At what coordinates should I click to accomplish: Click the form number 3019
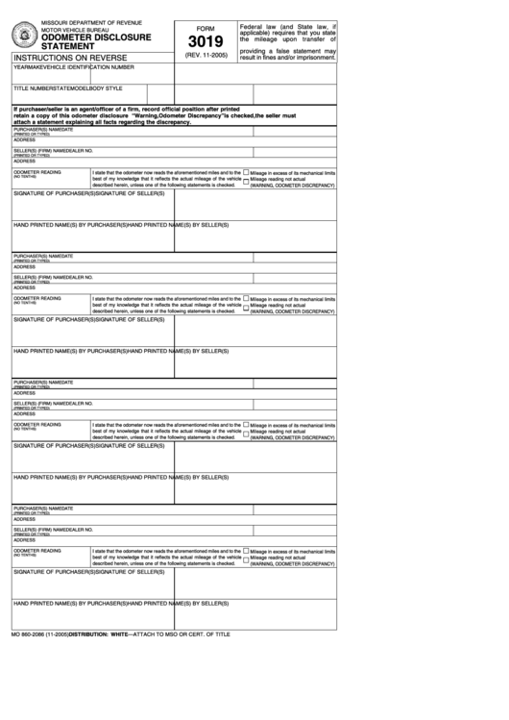pos(205,41)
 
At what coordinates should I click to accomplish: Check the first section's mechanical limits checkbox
pos(246,172)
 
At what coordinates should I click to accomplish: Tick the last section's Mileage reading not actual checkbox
pos(246,558)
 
